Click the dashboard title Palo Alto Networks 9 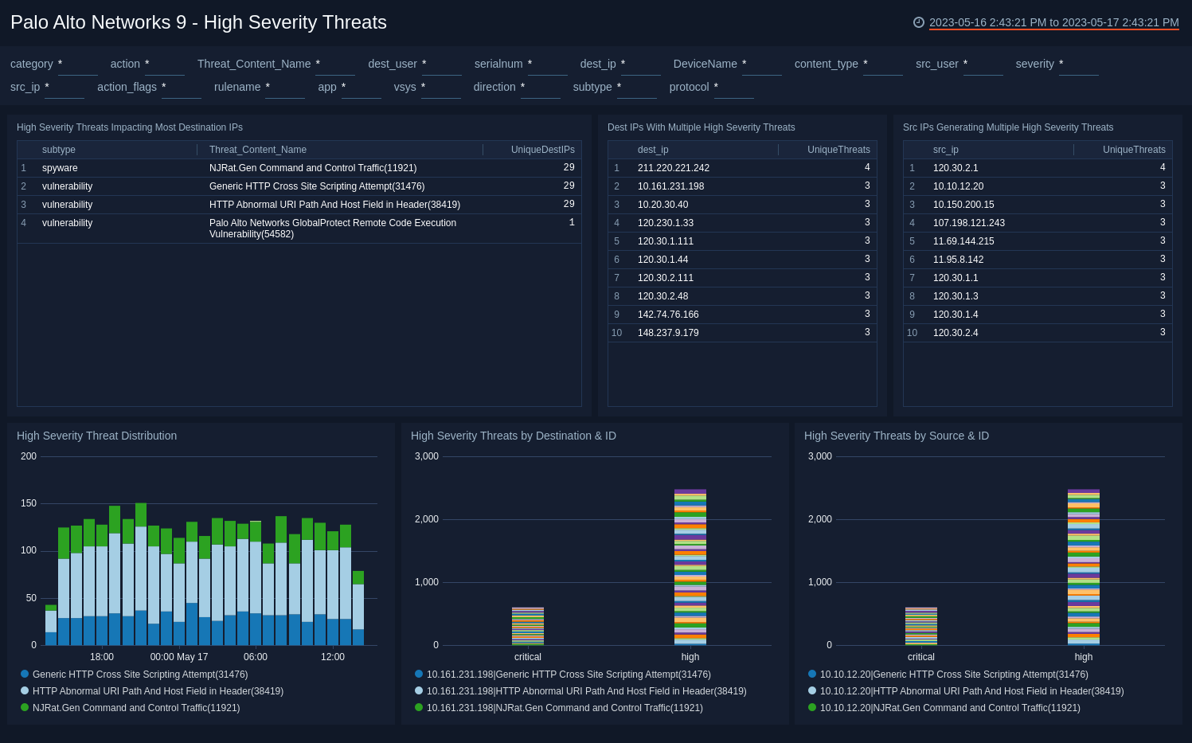click(x=198, y=22)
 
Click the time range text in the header click(x=1053, y=22)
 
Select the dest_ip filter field click(x=640, y=65)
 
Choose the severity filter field click(x=1078, y=65)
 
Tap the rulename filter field click(x=284, y=88)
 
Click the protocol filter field click(x=733, y=88)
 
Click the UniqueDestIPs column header click(x=542, y=150)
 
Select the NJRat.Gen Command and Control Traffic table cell click(x=313, y=168)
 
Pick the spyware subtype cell click(x=60, y=168)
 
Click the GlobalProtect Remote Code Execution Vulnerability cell click(x=333, y=229)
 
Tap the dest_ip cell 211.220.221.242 click(x=673, y=168)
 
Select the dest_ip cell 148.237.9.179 click(x=668, y=333)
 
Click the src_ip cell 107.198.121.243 click(x=968, y=223)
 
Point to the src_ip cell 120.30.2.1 click(x=956, y=168)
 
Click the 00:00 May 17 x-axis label click(x=179, y=657)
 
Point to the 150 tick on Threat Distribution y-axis click(x=29, y=503)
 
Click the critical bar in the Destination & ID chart click(x=527, y=627)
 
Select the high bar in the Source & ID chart click(x=1083, y=567)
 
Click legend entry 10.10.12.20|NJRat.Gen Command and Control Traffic click(x=950, y=708)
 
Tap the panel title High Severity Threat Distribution click(x=96, y=436)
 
